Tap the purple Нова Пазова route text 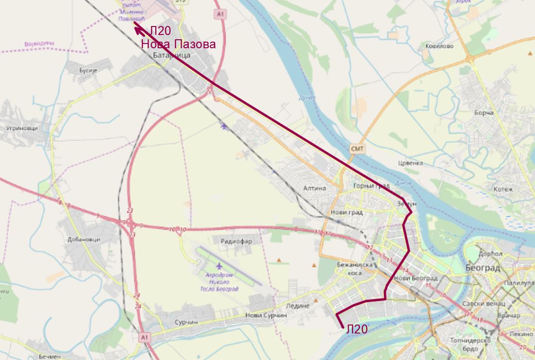(x=178, y=44)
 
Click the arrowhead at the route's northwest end (x=138, y=30)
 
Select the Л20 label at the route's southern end (x=357, y=329)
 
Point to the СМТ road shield (x=357, y=149)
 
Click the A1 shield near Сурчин (x=145, y=337)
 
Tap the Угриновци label (x=22, y=128)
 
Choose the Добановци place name (x=84, y=239)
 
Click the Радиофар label (x=237, y=241)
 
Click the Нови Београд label (x=415, y=278)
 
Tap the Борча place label (x=484, y=113)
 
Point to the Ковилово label (x=439, y=46)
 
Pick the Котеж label (x=503, y=189)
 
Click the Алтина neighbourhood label (x=315, y=188)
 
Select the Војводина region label (x=39, y=44)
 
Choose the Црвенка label (x=411, y=163)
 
